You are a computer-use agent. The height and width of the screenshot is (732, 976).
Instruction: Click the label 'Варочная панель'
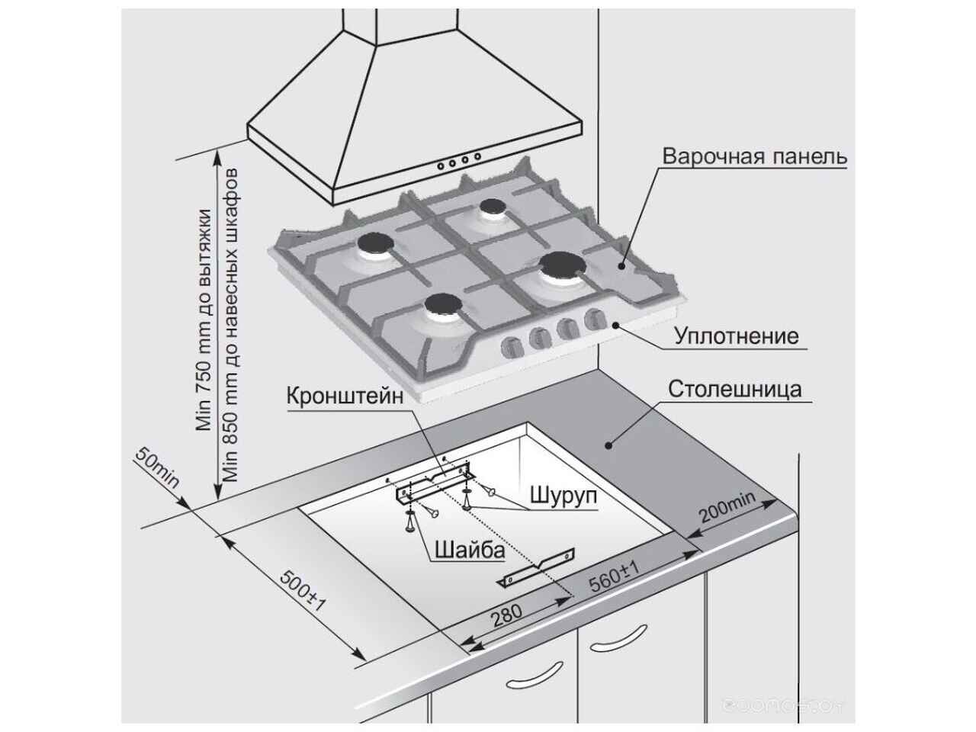(x=754, y=157)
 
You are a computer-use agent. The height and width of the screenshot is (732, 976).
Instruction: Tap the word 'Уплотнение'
(x=736, y=335)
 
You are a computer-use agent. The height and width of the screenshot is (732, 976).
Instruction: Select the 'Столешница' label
(x=735, y=389)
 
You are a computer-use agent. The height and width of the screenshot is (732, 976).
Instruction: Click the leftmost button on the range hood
(x=440, y=165)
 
